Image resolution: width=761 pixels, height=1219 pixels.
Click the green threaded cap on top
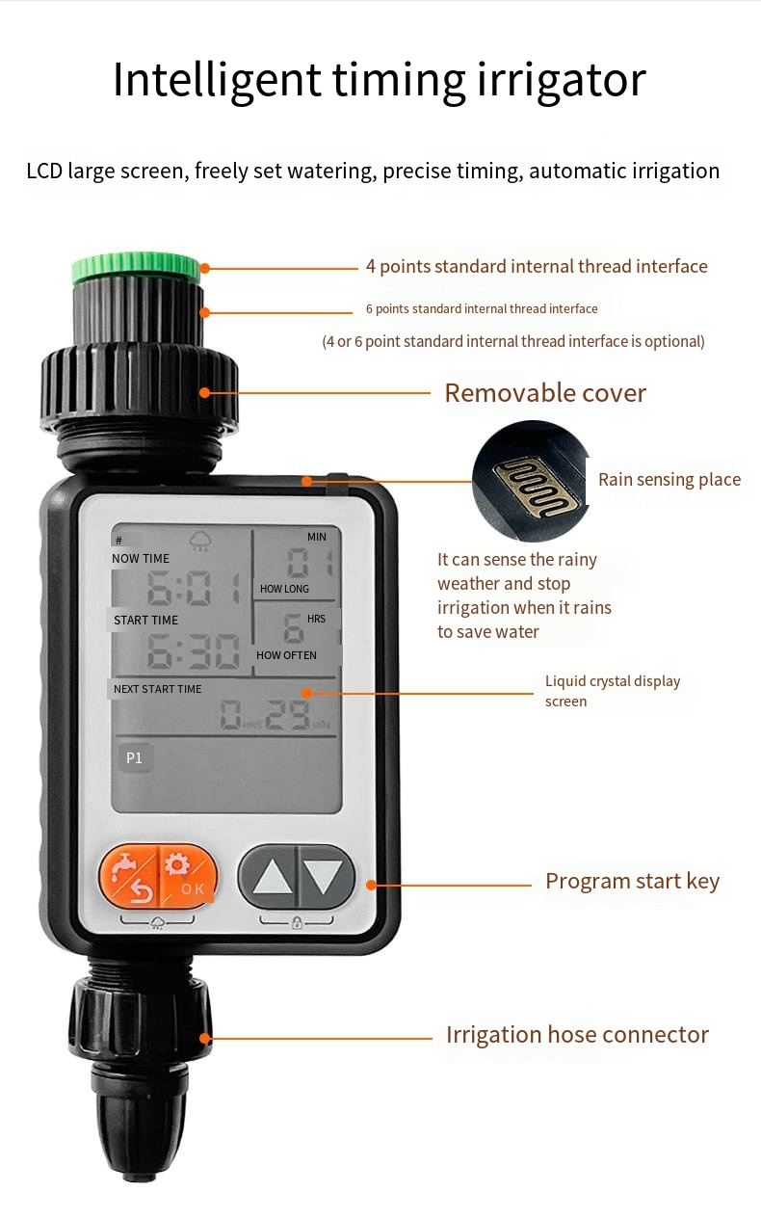click(136, 268)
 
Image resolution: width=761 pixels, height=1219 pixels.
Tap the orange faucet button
click(128, 877)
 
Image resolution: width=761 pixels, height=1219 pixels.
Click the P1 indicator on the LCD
click(134, 758)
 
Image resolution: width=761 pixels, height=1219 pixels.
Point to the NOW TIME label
click(141, 558)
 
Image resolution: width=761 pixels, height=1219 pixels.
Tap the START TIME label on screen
click(145, 620)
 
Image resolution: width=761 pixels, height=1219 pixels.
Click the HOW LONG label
click(284, 589)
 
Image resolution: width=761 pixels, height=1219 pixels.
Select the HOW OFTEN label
click(286, 655)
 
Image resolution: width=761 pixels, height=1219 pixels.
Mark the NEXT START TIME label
click(157, 689)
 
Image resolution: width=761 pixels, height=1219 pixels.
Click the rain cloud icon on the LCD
click(200, 541)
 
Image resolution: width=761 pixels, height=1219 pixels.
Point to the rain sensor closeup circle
click(532, 481)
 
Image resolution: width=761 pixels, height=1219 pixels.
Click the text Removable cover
click(545, 393)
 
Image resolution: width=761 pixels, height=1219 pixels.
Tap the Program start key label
click(633, 881)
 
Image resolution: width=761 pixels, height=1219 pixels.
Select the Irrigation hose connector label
click(577, 1035)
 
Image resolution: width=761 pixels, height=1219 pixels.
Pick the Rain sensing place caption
click(669, 480)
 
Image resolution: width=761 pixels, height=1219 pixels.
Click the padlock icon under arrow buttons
click(297, 922)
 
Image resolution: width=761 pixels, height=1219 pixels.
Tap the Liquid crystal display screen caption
click(613, 691)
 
